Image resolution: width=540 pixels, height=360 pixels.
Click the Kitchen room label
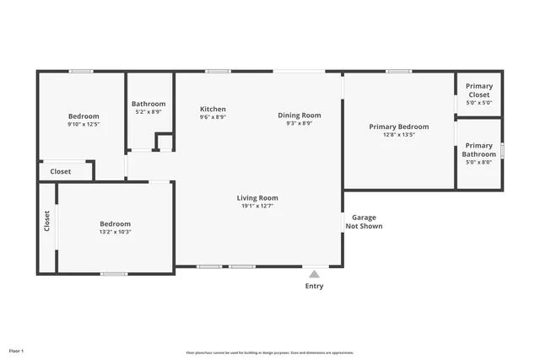click(x=213, y=109)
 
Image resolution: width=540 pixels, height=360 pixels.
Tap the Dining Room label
click(x=300, y=115)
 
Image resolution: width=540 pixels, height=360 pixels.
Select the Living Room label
click(x=257, y=197)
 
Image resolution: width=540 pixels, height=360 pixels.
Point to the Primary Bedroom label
click(x=399, y=126)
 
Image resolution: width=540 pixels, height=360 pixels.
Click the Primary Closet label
click(x=479, y=90)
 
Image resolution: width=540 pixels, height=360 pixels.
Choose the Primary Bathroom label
click(x=479, y=150)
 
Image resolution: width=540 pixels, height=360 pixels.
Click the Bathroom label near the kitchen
click(x=148, y=104)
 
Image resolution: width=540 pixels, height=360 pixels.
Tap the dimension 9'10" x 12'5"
click(x=84, y=124)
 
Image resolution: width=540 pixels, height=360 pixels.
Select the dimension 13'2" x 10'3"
click(x=116, y=231)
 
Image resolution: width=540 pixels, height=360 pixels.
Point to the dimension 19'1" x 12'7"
click(x=257, y=205)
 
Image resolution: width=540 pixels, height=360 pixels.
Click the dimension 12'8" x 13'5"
click(x=399, y=134)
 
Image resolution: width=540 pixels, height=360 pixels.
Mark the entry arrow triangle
click(x=314, y=273)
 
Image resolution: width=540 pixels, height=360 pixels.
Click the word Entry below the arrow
click(x=314, y=286)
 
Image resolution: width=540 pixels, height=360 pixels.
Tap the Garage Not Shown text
click(x=364, y=222)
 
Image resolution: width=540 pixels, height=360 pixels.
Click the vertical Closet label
click(x=47, y=221)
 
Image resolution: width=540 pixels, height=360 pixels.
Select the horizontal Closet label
click(x=61, y=171)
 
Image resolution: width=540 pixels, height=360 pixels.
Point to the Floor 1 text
click(x=17, y=350)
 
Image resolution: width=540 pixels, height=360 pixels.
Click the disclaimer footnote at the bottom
click(x=270, y=352)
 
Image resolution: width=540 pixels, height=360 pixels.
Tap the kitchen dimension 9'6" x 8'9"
click(x=213, y=117)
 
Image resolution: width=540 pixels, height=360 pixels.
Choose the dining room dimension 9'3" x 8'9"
click(x=300, y=123)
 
